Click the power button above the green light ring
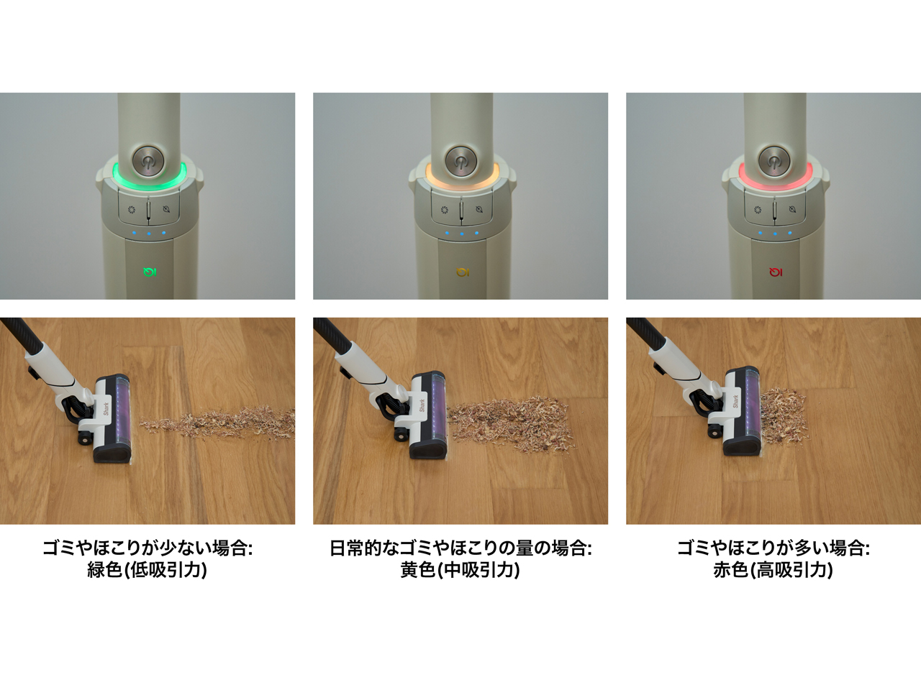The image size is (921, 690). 148,160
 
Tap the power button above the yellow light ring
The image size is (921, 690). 460,160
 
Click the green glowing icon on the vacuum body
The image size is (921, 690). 150,272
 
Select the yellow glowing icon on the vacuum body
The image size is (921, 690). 462,272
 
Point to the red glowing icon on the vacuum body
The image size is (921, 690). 775,272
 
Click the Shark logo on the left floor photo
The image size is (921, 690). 106,408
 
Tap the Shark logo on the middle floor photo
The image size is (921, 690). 422,404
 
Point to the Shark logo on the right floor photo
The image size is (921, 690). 735,402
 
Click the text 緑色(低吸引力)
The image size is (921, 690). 148,570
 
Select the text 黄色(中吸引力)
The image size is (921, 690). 460,570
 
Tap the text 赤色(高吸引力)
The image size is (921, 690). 773,570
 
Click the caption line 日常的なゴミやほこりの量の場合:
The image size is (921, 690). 460,548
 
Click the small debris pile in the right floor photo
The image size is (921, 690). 782,415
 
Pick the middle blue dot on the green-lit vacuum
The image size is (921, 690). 149,234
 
